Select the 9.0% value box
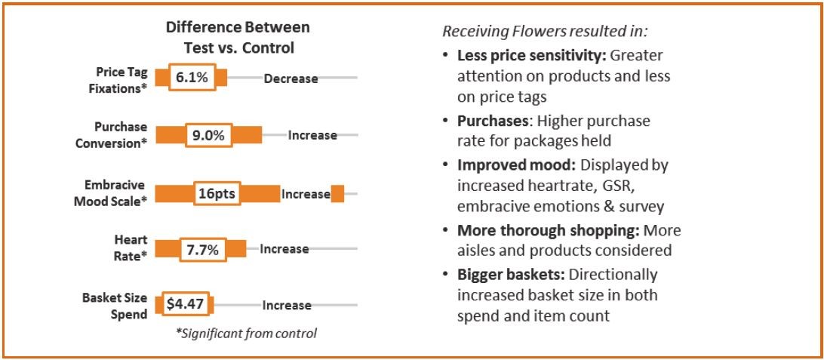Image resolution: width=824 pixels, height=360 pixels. pyautogui.click(x=208, y=135)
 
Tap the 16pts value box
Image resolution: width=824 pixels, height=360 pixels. pyautogui.click(x=217, y=194)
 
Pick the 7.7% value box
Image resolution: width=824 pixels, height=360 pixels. pyautogui.click(x=201, y=249)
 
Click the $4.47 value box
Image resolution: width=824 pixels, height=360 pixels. pyautogui.click(x=184, y=305)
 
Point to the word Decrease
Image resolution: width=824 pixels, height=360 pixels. pyautogui.click(x=291, y=78)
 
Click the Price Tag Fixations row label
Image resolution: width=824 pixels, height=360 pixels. pyautogui.click(x=121, y=78)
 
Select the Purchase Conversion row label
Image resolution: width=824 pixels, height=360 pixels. pyautogui.click(x=121, y=134)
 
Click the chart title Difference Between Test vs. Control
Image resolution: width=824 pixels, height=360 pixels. pyautogui.click(x=238, y=37)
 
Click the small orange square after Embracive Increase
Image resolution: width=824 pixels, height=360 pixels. pyautogui.click(x=337, y=194)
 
